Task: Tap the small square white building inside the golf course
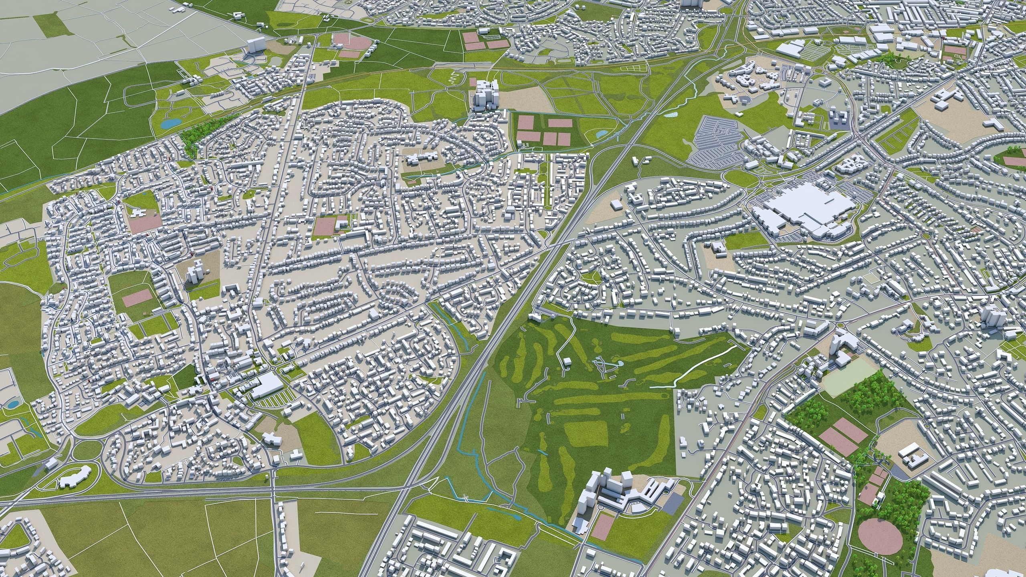pos(566,362)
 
